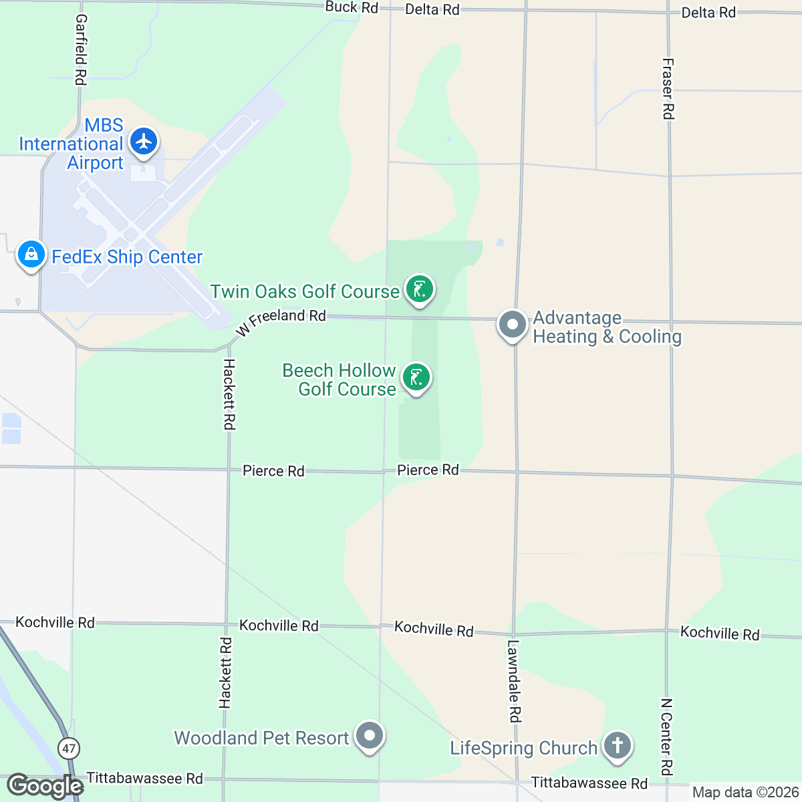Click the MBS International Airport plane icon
point(143,142)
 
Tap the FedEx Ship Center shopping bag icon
point(31,255)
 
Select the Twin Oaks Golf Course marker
point(419,290)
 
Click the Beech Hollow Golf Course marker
point(416,378)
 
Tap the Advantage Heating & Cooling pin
point(513,325)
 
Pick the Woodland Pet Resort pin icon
point(369,737)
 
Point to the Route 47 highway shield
point(68,748)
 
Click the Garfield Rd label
point(80,50)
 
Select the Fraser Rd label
point(668,89)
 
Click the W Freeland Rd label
point(281,321)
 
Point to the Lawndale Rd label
point(513,681)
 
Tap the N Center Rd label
point(666,737)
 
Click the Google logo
point(44,786)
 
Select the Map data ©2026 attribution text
point(745,793)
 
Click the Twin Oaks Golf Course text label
point(305,292)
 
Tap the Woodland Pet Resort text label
point(261,738)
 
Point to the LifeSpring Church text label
point(523,748)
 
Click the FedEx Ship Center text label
point(127,257)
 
